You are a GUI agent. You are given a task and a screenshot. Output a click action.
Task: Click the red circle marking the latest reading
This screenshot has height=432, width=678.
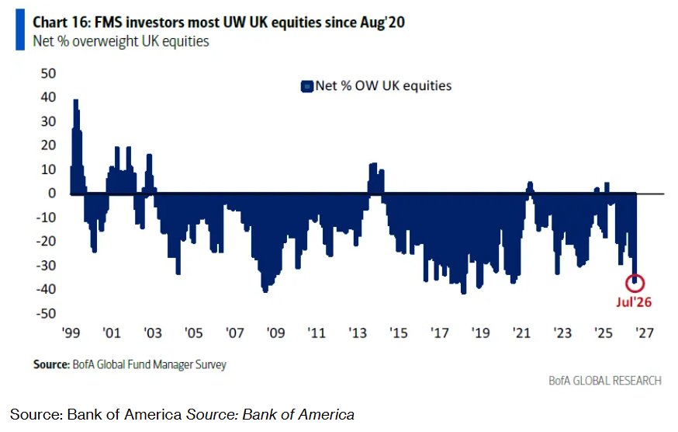pyautogui.click(x=635, y=275)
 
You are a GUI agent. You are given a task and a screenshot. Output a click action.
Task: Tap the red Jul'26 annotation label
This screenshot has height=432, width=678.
pyautogui.click(x=634, y=302)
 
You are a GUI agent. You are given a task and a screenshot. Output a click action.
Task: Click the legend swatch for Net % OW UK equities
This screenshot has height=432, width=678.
pyautogui.click(x=306, y=87)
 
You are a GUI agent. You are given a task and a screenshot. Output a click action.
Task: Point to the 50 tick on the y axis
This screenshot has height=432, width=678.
pyautogui.click(x=49, y=73)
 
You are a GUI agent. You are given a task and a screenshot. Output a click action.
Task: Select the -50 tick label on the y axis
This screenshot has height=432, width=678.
pyautogui.click(x=47, y=313)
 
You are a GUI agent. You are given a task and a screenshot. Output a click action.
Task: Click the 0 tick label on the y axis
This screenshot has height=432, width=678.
pyautogui.click(x=52, y=193)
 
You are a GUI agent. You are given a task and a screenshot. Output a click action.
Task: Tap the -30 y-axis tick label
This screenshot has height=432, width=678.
pyautogui.click(x=47, y=265)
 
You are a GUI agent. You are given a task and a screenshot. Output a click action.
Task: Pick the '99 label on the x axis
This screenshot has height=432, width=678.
pyautogui.click(x=71, y=333)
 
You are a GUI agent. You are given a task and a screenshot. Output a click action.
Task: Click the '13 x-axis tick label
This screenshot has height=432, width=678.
pyautogui.click(x=358, y=333)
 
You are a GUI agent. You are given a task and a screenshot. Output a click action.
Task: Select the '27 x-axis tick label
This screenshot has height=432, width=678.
pyautogui.click(x=645, y=333)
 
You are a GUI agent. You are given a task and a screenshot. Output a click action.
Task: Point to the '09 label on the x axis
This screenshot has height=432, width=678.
pyautogui.click(x=275, y=333)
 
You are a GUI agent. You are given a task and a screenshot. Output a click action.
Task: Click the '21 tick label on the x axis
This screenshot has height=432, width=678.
pyautogui.click(x=521, y=333)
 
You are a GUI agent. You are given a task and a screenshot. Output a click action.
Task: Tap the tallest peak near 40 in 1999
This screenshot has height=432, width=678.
pyautogui.click(x=76, y=100)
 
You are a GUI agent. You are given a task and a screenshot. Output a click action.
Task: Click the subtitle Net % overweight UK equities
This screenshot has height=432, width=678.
pyautogui.click(x=121, y=41)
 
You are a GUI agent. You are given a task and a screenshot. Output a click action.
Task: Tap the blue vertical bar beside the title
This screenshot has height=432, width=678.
pyautogui.click(x=20, y=30)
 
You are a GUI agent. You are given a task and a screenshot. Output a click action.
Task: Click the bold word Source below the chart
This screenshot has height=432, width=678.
pyautogui.click(x=51, y=364)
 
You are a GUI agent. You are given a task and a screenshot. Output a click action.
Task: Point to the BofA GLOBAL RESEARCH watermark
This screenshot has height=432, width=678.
pyautogui.click(x=605, y=381)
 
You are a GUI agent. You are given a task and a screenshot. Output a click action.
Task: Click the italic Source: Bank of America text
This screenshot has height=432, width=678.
pyautogui.click(x=270, y=415)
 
